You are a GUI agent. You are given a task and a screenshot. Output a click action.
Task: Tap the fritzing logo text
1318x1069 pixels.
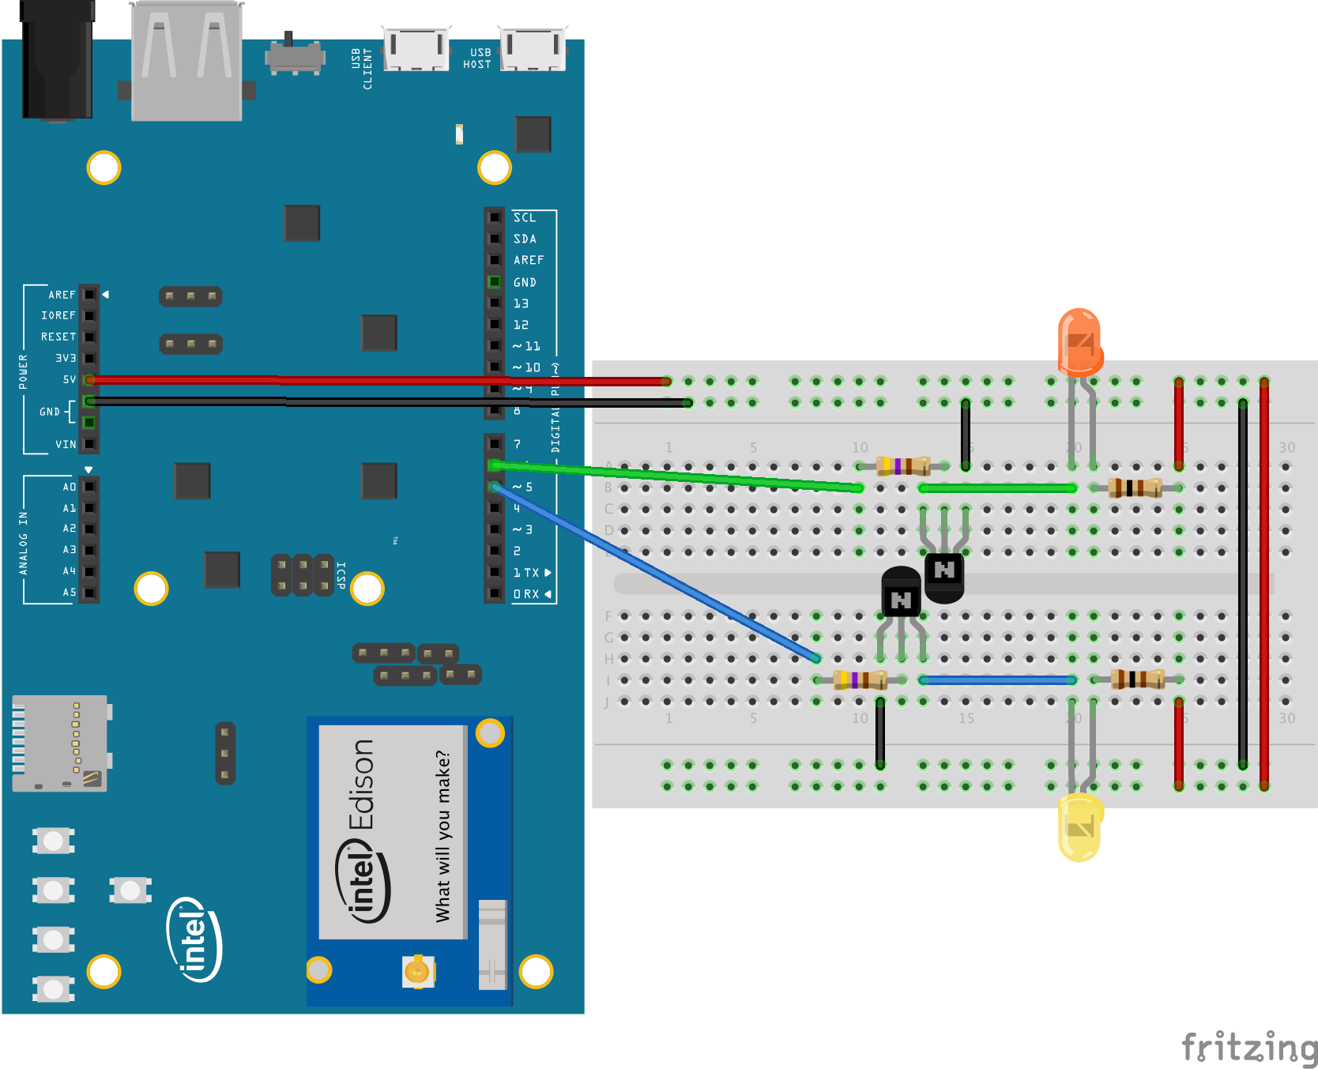click(1248, 1048)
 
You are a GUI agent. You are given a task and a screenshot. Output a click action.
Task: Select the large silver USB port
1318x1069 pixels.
click(186, 62)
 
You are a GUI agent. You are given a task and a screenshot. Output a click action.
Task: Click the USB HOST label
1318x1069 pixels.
click(477, 58)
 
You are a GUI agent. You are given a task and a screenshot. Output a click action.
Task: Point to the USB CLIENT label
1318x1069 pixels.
click(362, 68)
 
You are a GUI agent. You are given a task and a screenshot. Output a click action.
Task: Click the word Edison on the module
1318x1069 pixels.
click(362, 784)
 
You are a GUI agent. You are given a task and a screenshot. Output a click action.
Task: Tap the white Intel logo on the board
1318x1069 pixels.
click(194, 939)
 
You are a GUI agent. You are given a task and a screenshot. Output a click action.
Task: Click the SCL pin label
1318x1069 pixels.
click(525, 217)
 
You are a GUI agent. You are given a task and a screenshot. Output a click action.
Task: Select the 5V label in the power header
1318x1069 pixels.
click(70, 380)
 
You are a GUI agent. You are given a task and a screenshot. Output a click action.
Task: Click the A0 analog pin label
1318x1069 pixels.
click(70, 487)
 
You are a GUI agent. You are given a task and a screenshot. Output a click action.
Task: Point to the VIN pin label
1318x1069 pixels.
click(66, 444)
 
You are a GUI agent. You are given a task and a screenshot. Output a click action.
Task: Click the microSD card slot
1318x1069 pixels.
click(60, 743)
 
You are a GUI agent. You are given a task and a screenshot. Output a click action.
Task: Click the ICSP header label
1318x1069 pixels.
click(341, 575)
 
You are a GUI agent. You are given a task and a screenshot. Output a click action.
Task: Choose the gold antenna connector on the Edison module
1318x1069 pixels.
click(416, 970)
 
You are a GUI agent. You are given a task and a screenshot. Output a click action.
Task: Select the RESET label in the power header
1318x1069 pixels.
click(58, 337)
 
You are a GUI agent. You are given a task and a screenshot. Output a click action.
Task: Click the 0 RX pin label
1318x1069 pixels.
click(526, 594)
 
